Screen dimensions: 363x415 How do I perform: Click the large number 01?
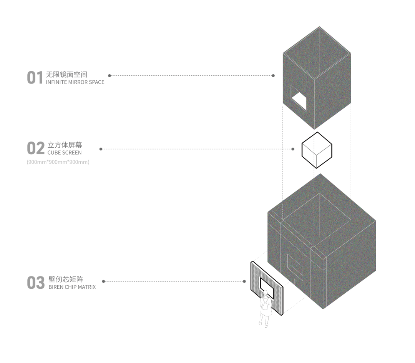(x=35, y=78)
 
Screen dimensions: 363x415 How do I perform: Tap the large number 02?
(x=35, y=148)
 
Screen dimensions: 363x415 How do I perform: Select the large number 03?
(x=35, y=283)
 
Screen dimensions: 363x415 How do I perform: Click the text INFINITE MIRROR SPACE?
(x=75, y=82)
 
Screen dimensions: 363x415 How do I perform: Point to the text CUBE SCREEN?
(x=64, y=153)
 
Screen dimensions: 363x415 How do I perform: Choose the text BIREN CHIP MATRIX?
(x=72, y=287)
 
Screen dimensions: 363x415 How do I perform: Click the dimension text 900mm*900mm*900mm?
(x=58, y=162)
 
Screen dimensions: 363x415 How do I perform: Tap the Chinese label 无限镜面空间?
(x=66, y=75)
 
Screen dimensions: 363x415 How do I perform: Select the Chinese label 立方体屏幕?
(x=65, y=145)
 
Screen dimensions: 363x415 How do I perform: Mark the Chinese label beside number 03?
(x=66, y=280)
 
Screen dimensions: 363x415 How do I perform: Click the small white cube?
(x=317, y=150)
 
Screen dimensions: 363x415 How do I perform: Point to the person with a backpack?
(x=265, y=310)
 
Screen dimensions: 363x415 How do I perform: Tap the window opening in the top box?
(x=299, y=99)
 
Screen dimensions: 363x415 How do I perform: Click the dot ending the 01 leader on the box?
(x=273, y=76)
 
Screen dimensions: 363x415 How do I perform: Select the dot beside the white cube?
(x=293, y=149)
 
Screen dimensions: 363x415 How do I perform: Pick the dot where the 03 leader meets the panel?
(x=244, y=281)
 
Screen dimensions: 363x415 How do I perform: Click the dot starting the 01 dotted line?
(x=110, y=76)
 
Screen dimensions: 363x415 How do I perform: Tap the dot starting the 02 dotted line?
(x=101, y=149)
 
